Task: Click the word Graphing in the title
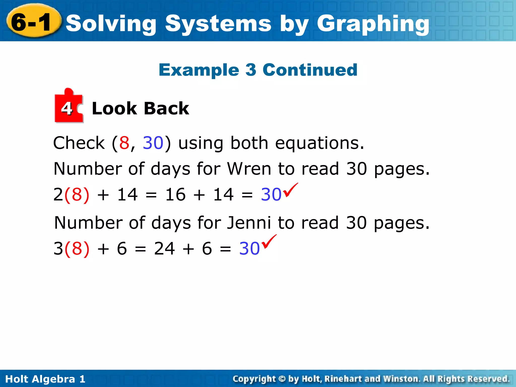pos(373,24)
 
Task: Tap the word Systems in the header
pos(218,24)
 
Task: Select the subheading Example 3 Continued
pos(258,70)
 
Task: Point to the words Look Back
pos(140,109)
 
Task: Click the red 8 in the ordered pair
pos(124,143)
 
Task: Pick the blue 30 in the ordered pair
pos(153,143)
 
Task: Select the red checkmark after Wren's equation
pos(290,190)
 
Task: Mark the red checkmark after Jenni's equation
pos(269,242)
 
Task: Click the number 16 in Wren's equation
pos(175,195)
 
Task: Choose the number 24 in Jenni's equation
pos(164,248)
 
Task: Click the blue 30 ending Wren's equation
pos(271,195)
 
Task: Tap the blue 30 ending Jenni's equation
pos(249,248)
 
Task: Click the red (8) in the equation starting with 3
pos(77,248)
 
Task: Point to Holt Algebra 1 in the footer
pos(45,379)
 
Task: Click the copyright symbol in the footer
pos(282,379)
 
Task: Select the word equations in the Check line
pos(319,143)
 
